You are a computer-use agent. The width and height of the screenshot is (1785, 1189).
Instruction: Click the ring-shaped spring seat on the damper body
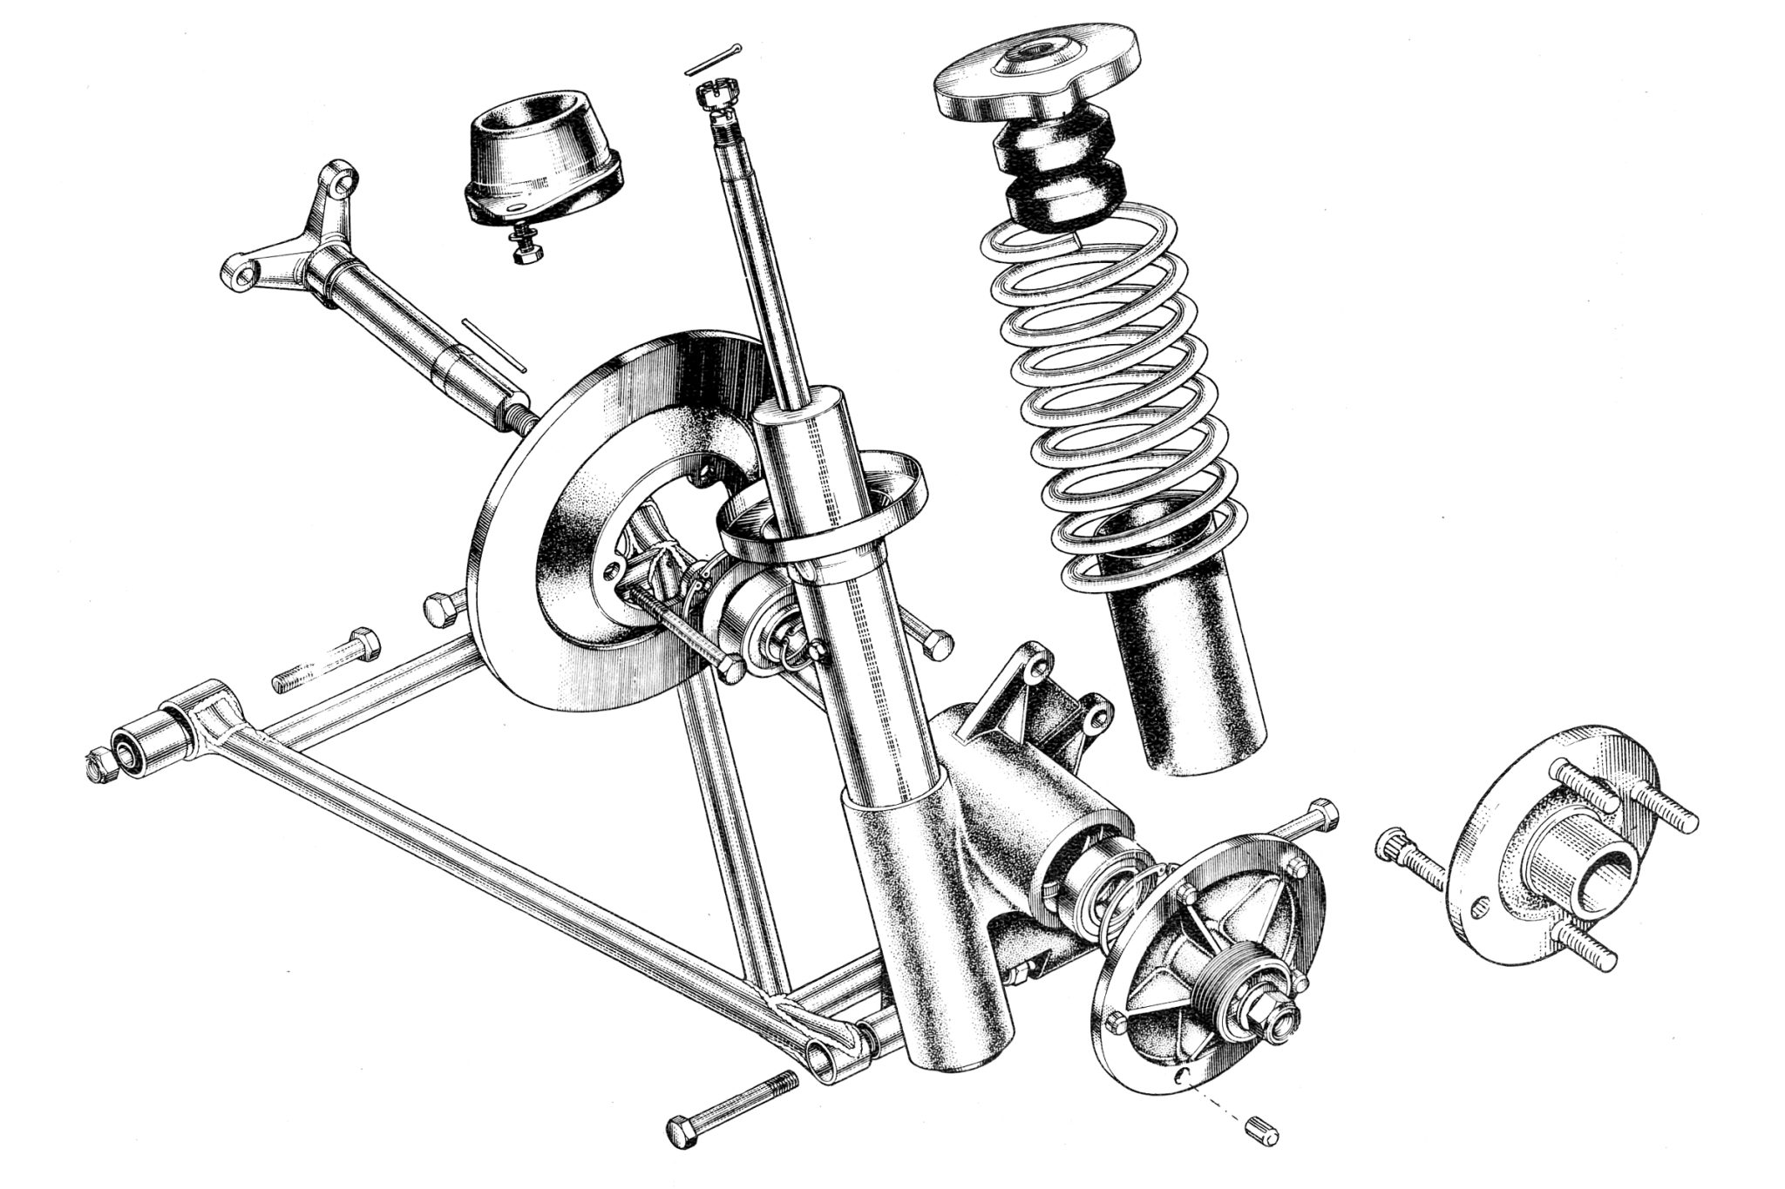pos(819,514)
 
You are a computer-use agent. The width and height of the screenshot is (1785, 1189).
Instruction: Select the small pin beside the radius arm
pos(493,345)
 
